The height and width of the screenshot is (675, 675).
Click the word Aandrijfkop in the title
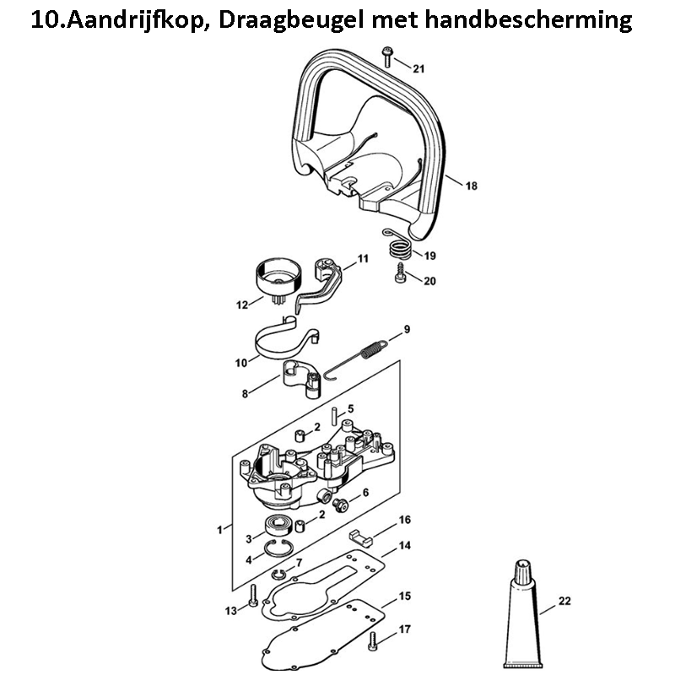(x=135, y=20)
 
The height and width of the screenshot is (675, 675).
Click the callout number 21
(x=418, y=68)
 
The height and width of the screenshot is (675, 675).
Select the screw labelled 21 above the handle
(x=386, y=57)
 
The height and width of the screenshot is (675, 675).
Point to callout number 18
(x=472, y=186)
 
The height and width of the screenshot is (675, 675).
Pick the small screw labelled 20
(x=401, y=273)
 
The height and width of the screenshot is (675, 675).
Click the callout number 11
(x=363, y=259)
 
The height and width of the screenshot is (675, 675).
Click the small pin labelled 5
(x=334, y=416)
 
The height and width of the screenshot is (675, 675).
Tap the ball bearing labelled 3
(x=278, y=525)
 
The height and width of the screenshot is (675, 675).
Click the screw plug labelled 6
(x=341, y=505)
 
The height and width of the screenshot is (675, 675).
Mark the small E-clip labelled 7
(x=279, y=574)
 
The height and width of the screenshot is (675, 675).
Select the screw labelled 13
(x=252, y=596)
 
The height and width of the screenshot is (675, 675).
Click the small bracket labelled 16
(x=360, y=538)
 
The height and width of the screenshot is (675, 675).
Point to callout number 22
(x=564, y=601)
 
